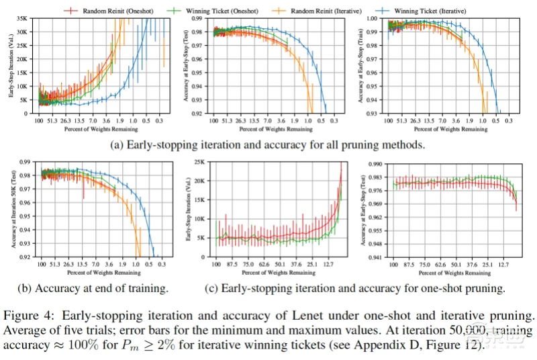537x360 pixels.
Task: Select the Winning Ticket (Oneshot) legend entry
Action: pos(219,10)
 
